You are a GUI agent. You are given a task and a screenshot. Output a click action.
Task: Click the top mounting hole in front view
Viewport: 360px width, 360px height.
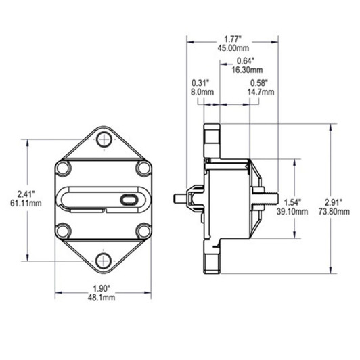click(x=103, y=140)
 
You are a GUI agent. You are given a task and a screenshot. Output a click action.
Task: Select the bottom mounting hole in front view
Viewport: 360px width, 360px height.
click(x=103, y=260)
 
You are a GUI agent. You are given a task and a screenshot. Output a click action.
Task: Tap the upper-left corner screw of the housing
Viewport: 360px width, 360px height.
click(x=63, y=168)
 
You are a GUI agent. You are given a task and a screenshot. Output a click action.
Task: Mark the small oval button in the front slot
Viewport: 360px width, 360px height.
click(x=128, y=200)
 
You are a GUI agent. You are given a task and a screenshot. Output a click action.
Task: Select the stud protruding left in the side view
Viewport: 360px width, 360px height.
click(x=181, y=199)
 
